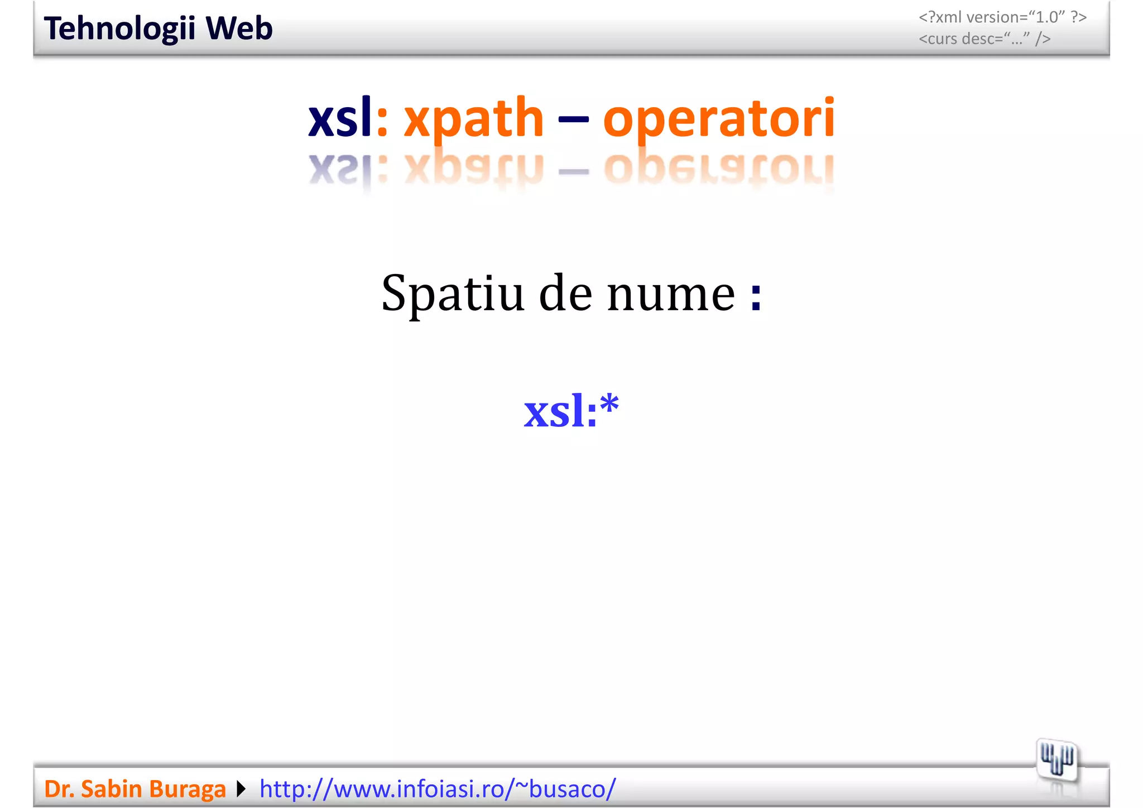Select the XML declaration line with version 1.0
click(1002, 17)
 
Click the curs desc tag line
click(984, 39)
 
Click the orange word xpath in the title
click(473, 118)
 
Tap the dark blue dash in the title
click(573, 119)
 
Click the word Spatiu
click(453, 295)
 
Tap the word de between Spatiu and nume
click(565, 295)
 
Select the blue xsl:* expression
click(571, 412)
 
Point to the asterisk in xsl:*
click(609, 403)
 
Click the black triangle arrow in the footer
click(241, 789)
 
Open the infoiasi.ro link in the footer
click(438, 789)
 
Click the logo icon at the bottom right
click(1056, 761)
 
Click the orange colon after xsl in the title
click(382, 120)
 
